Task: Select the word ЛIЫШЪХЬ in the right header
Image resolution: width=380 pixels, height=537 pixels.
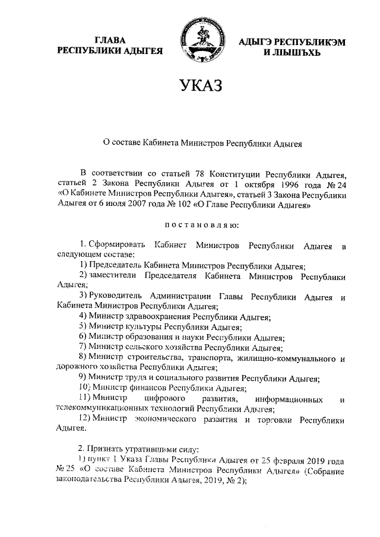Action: pyautogui.click(x=292, y=53)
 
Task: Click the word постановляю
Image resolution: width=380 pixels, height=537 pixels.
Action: pyautogui.click(x=201, y=225)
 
